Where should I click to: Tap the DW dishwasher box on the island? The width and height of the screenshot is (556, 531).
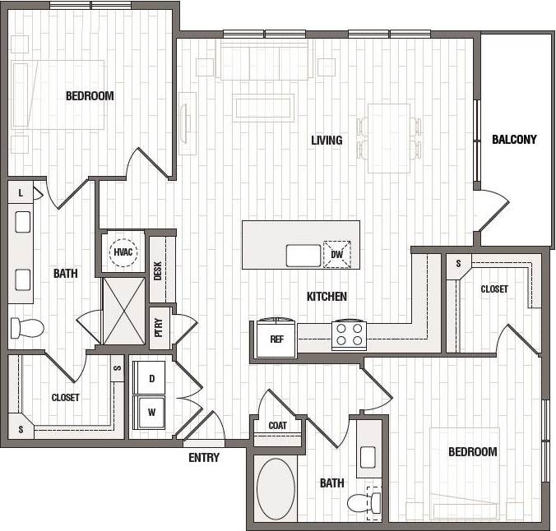point(336,254)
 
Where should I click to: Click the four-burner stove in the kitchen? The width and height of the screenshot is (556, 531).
point(349,335)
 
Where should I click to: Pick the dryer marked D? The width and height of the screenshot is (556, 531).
point(151,377)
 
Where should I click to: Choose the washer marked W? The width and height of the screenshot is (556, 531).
point(151,411)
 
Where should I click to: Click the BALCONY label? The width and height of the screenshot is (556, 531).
point(514,140)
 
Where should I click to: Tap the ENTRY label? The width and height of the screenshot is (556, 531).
point(204,458)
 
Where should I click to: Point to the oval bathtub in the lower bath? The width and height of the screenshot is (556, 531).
point(276,489)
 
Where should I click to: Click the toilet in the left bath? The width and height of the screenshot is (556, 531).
point(26,329)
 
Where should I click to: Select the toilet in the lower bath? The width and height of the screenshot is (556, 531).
point(363,501)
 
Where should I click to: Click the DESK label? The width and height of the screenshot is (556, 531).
point(158,270)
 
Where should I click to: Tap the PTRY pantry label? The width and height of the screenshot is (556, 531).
point(158,327)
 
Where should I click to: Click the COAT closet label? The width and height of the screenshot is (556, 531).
point(277,426)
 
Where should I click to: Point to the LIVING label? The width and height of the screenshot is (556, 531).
point(327,141)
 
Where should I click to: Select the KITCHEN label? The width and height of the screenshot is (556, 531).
point(327,297)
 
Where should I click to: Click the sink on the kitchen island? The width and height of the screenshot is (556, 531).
point(303,255)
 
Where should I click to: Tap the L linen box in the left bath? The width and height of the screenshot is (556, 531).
point(21,192)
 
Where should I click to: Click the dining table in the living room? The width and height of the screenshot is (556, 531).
point(388,138)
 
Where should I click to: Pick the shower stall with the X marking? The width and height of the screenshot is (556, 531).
point(123,311)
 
